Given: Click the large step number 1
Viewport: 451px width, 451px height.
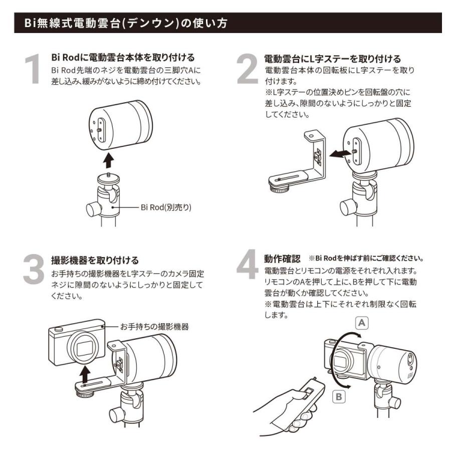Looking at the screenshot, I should [x=33, y=68].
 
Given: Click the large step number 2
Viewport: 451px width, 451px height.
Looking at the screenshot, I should [x=247, y=69].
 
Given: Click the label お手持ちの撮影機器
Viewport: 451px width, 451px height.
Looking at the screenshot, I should [x=154, y=327].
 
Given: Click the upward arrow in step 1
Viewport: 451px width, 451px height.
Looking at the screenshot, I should [x=108, y=161].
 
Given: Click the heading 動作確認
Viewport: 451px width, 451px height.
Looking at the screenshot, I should [x=282, y=259].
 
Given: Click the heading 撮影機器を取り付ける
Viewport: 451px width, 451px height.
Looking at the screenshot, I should [x=95, y=261].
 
